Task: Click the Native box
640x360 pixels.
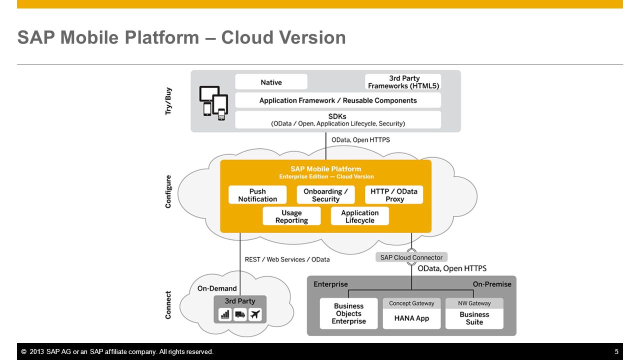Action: [271, 82]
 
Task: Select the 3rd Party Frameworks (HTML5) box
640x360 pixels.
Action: [403, 82]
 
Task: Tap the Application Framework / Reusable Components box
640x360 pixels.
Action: [338, 100]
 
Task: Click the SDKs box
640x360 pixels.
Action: [338, 119]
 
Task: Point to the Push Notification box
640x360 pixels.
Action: [257, 195]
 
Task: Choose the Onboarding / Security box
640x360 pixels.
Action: [325, 195]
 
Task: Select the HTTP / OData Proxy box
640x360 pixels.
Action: [394, 195]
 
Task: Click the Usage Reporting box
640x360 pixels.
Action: [291, 216]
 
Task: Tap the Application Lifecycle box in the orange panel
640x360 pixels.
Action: [359, 216]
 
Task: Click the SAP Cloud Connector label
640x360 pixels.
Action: [411, 257]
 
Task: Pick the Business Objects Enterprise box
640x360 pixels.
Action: [348, 313]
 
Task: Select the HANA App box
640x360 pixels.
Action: [411, 313]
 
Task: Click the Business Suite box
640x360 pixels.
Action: [474, 313]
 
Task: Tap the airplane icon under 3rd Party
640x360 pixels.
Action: [255, 314]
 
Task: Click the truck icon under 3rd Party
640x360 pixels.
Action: [240, 314]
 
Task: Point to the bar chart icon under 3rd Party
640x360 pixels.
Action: [225, 314]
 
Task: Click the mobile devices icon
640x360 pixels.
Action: [213, 103]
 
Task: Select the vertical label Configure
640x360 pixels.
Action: [168, 191]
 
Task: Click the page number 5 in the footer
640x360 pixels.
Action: [616, 351]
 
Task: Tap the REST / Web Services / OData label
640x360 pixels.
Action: [287, 259]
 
